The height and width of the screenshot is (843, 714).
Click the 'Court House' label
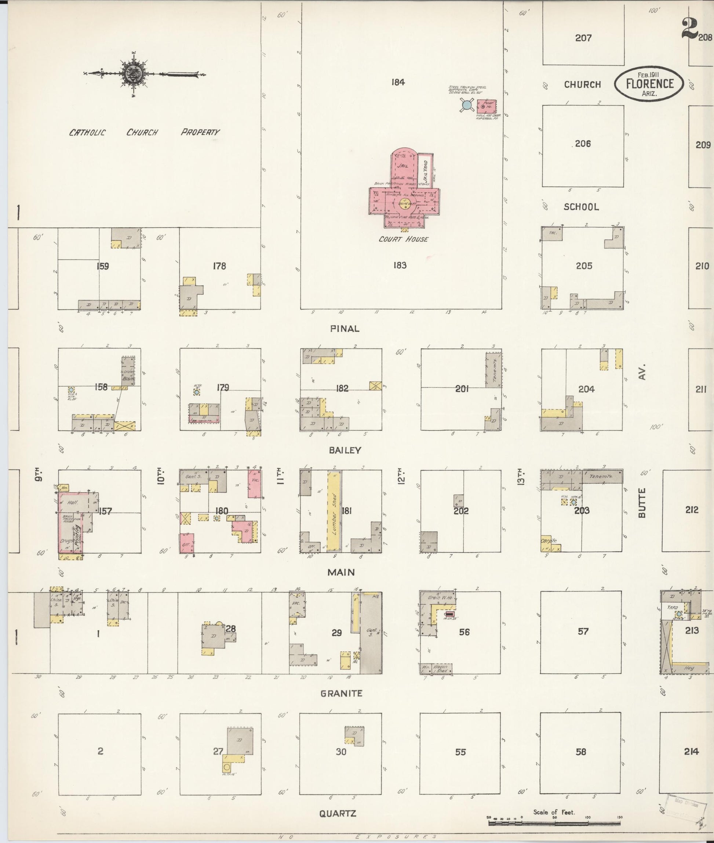(403, 239)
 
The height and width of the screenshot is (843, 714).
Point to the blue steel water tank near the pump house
(467, 105)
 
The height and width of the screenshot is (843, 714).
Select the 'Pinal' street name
(345, 329)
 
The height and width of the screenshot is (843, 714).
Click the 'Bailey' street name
(345, 450)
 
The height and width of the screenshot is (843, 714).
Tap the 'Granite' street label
(341, 694)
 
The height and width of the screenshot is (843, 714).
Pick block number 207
(583, 38)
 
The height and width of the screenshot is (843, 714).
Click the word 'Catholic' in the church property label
(87, 133)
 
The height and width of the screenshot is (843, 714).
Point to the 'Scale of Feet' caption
(554, 812)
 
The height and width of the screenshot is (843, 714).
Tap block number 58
(581, 752)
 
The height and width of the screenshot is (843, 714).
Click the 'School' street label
(581, 207)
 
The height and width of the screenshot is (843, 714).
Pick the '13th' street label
(522, 476)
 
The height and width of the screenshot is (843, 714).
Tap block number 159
(103, 266)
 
